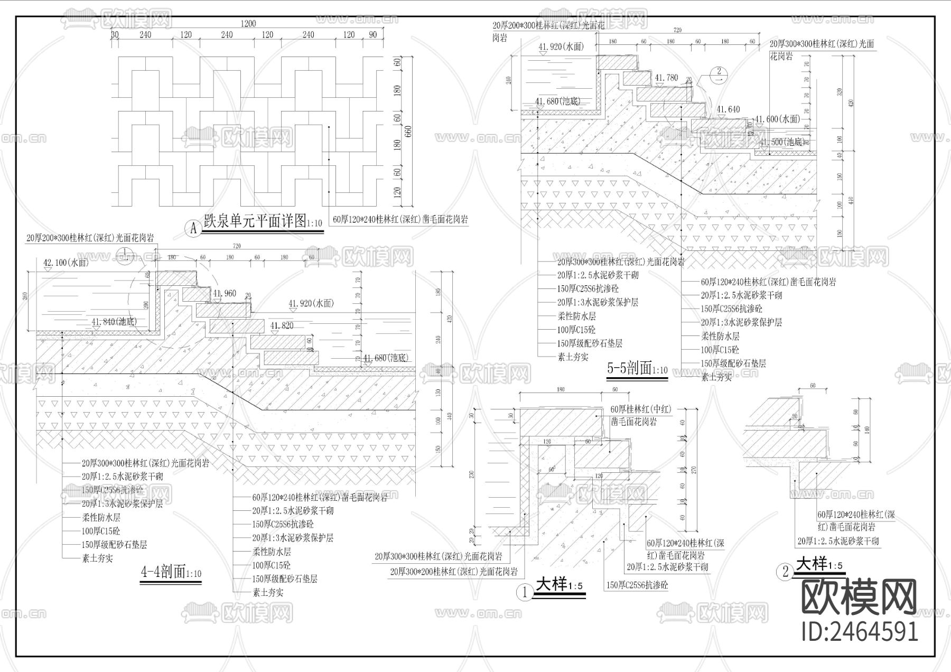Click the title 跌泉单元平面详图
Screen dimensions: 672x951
coord(255,221)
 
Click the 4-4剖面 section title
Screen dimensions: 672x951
coord(163,572)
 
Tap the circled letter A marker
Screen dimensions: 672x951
coord(192,229)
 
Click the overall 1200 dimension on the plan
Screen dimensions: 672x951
coord(248,23)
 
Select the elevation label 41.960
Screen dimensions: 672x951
coord(224,293)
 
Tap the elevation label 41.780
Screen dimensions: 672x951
coord(666,78)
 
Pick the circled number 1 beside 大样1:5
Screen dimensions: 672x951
coord(525,593)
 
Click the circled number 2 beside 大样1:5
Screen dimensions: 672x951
coord(785,571)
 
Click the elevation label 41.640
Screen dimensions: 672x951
coord(728,109)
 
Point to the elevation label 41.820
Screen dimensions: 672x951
coord(282,326)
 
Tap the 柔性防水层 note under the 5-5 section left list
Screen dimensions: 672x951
coord(576,316)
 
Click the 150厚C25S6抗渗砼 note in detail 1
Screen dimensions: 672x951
coord(637,585)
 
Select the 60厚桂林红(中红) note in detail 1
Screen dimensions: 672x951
coord(640,409)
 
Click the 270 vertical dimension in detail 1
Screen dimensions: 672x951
coord(694,470)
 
